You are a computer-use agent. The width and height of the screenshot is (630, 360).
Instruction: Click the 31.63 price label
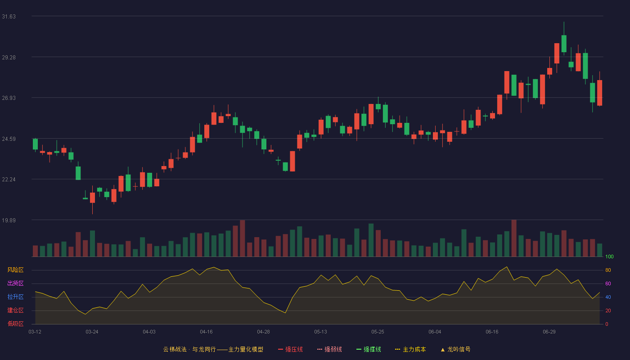9,17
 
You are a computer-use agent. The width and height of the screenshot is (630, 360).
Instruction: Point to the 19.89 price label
9,220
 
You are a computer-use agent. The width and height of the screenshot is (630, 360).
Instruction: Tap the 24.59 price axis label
9,139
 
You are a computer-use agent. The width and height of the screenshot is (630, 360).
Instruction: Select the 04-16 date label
206,332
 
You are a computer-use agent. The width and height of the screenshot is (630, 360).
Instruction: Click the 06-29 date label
549,332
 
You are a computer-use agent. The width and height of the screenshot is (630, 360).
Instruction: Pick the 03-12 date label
35,332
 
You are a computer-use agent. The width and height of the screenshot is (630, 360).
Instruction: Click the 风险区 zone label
15,270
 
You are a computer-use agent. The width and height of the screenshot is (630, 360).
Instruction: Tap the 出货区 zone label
15,283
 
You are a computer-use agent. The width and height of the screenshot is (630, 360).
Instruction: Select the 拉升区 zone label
15,297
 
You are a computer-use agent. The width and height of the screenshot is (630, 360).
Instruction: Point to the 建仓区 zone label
15,310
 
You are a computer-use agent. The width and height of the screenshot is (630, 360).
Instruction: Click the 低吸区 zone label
15,324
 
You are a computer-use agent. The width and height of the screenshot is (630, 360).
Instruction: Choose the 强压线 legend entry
290,349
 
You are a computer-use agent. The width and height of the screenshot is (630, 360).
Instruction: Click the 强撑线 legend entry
369,349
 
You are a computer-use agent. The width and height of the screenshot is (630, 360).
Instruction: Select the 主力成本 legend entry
410,349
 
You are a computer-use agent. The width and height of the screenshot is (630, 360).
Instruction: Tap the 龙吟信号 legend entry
455,349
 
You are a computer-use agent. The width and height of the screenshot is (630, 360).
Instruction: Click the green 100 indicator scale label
609,256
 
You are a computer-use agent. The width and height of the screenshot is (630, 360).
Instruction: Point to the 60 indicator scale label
608,283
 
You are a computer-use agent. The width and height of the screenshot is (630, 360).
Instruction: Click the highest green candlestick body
564,44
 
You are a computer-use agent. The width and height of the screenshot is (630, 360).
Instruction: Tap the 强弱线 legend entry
329,349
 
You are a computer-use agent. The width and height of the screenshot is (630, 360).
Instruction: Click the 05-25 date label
378,332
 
